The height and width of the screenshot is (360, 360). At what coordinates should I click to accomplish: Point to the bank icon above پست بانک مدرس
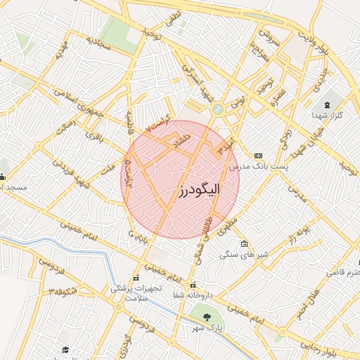click(258, 154)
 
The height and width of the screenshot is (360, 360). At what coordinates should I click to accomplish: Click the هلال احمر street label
click(307, 300)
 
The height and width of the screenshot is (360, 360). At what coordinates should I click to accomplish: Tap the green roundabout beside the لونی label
click(217, 109)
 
